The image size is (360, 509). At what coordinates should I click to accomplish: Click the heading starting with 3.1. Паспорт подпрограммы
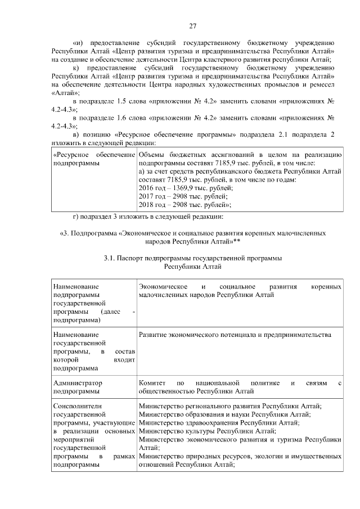tap(193, 258)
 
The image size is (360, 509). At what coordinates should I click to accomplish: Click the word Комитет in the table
tap(152, 382)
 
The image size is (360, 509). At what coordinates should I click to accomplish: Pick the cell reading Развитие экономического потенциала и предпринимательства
tap(235, 335)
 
